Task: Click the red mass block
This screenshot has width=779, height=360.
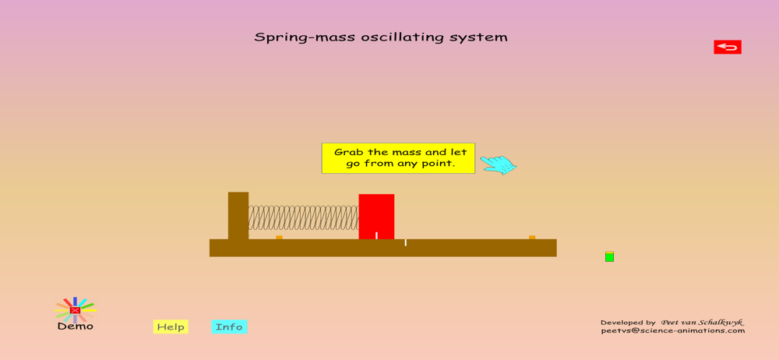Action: pyautogui.click(x=376, y=217)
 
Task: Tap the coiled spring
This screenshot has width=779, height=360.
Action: pyautogui.click(x=303, y=217)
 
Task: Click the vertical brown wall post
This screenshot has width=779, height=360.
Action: pyautogui.click(x=238, y=215)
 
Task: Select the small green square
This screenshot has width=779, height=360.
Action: pyautogui.click(x=610, y=256)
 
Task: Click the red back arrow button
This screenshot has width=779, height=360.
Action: pyautogui.click(x=728, y=48)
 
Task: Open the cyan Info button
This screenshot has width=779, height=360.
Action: pyautogui.click(x=229, y=326)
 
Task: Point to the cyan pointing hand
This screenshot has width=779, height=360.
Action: pyautogui.click(x=499, y=164)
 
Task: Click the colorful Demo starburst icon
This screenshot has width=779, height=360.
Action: pyautogui.click(x=75, y=310)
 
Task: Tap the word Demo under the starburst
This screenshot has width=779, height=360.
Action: pyautogui.click(x=75, y=326)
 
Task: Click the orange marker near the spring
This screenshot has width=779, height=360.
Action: pyautogui.click(x=279, y=237)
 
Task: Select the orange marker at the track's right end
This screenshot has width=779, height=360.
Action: pyautogui.click(x=532, y=237)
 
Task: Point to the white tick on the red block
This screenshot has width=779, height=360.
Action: pyautogui.click(x=376, y=235)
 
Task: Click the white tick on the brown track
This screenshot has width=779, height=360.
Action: pyautogui.click(x=405, y=242)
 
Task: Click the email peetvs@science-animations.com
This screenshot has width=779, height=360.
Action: pyautogui.click(x=673, y=330)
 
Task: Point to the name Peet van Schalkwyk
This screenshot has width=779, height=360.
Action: pyautogui.click(x=702, y=323)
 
